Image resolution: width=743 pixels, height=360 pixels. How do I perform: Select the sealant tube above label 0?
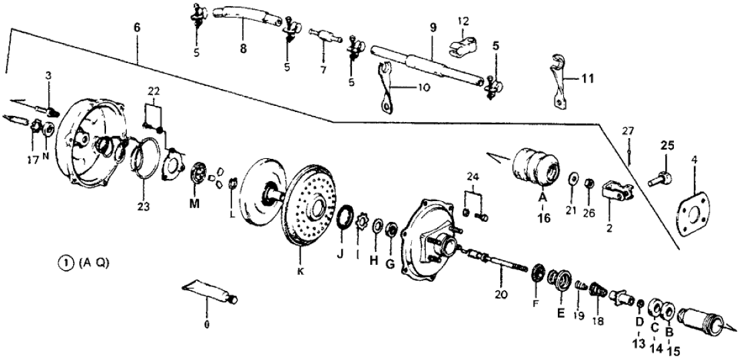[208, 293]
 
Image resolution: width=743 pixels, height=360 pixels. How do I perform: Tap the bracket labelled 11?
[559, 79]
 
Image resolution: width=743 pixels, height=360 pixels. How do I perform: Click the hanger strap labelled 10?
[387, 91]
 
